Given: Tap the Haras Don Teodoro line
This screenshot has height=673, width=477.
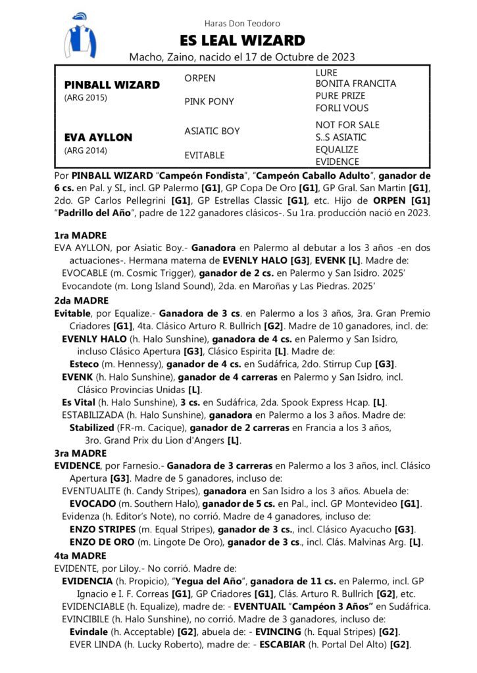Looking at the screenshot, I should tap(238, 24).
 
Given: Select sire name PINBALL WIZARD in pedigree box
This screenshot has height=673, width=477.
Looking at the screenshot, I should tap(112, 85).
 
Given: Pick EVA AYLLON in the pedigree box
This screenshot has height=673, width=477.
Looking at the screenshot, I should tap(98, 137).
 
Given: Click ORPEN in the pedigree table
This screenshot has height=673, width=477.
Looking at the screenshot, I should tap(199, 78).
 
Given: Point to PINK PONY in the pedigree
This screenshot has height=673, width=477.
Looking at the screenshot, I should tap(209, 102).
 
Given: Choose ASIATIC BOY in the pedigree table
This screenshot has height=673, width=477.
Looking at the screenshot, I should tap(212, 131).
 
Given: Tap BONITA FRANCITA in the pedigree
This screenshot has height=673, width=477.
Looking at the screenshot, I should tap(355, 84).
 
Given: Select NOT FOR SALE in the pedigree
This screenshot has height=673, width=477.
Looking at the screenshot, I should tap(347, 125).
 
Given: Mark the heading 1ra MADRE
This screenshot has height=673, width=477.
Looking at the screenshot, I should tap(80, 235).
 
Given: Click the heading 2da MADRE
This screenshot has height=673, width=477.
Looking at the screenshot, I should tap(81, 301).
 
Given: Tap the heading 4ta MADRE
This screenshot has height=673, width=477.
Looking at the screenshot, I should tap(80, 555).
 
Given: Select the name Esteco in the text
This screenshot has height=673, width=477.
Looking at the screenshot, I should tap(84, 364).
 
